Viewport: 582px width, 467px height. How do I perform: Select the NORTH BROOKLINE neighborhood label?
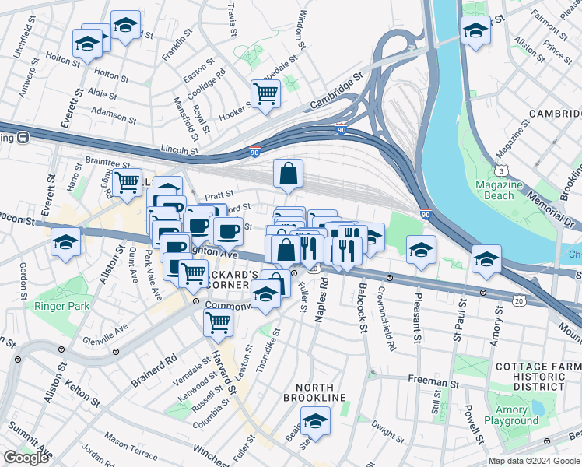pos(319,392)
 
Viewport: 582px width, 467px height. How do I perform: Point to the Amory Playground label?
pos(511,415)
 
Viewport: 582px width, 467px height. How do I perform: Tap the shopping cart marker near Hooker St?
pos(266,95)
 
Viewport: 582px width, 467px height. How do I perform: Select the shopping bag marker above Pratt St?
pos(288,174)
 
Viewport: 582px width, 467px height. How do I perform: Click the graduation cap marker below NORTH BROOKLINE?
pos(315,422)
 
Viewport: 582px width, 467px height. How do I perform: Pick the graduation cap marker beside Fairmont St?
pos(475,30)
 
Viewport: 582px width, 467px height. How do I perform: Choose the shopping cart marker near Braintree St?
pos(127,183)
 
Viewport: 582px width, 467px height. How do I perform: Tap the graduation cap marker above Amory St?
pos(486,260)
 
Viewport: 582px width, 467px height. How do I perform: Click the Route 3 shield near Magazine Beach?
pos(498,170)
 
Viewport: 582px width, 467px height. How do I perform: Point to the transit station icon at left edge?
pos(23,138)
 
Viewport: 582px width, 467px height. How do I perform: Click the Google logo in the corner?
pos(26,458)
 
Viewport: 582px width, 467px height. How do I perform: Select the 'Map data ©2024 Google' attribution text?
pos(534,461)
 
